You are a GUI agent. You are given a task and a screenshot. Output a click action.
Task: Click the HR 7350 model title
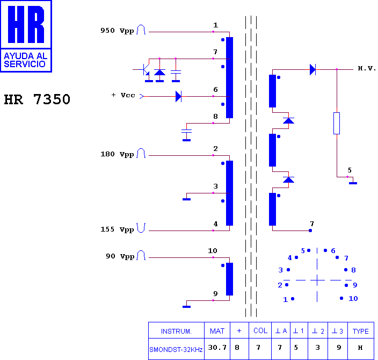click(x=37, y=99)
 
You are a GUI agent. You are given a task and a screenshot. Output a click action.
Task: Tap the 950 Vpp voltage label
click(x=117, y=31)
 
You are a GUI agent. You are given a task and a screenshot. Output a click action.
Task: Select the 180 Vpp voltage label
click(x=117, y=154)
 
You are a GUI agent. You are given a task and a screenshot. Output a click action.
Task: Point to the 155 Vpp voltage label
click(x=117, y=229)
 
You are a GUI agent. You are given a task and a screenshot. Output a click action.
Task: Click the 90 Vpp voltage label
click(x=120, y=256)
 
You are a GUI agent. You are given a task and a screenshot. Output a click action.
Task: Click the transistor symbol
click(x=144, y=70)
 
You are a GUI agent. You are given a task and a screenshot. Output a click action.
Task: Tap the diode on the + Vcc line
click(x=178, y=96)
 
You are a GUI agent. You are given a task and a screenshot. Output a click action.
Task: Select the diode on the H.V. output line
click(x=312, y=69)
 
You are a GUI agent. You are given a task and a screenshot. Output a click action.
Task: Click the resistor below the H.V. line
click(x=337, y=123)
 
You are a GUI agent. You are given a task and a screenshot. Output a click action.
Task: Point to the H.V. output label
click(x=367, y=69)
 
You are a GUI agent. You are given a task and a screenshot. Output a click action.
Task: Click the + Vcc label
click(x=123, y=95)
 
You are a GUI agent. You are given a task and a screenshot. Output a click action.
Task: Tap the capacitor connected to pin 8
click(x=186, y=132)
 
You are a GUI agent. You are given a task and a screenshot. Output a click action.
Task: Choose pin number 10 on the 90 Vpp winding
click(x=213, y=251)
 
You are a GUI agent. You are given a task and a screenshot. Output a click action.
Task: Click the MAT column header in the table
click(x=217, y=331)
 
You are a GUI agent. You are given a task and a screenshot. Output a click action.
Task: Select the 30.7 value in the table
click(x=217, y=348)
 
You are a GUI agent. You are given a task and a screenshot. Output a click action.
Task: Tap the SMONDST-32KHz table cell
click(x=176, y=349)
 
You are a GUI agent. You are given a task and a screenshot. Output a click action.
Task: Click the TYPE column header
click(x=361, y=331)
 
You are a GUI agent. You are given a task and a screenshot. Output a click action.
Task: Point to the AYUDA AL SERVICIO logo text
click(x=26, y=60)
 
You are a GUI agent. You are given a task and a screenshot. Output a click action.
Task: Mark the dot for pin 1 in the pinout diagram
click(x=293, y=299)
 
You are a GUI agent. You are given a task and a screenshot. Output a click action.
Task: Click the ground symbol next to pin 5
click(x=353, y=183)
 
